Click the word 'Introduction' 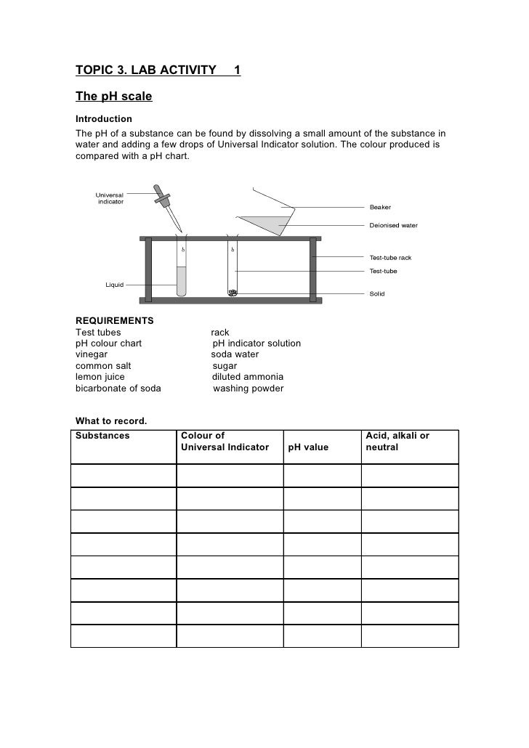coord(104,118)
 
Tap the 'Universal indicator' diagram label coord(110,198)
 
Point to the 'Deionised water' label coord(394,225)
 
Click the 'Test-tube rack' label coord(391,258)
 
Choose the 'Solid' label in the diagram coord(378,294)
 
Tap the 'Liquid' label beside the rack coord(114,284)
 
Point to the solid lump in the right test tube coord(233,293)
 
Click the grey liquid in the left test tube coord(181,281)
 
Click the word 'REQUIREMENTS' coord(114,320)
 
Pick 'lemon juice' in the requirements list coord(100,377)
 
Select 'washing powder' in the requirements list coord(248,389)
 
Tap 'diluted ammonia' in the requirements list coord(247,377)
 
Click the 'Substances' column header coord(102,436)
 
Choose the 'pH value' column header coord(308,447)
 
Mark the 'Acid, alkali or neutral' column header coord(397,442)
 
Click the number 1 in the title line coord(237,70)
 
